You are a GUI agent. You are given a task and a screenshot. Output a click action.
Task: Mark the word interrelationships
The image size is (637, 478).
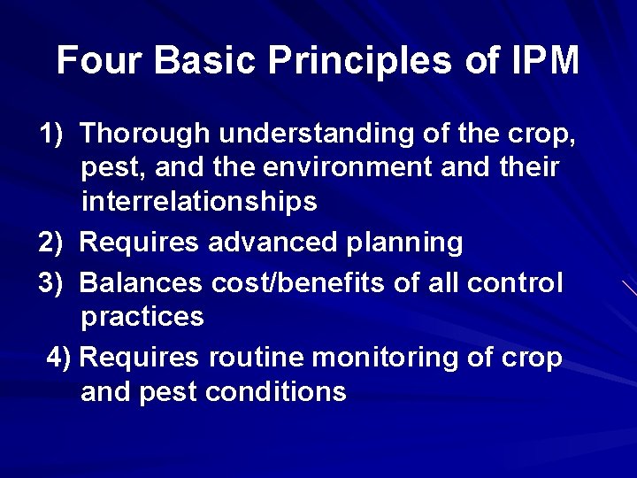pyautogui.click(x=199, y=202)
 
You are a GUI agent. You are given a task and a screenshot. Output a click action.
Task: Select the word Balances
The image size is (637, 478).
pyautogui.click(x=142, y=283)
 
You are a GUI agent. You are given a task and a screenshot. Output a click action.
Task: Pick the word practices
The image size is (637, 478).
pyautogui.click(x=142, y=317)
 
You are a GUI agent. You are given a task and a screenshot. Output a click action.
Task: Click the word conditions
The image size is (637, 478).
pyautogui.click(x=275, y=392)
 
